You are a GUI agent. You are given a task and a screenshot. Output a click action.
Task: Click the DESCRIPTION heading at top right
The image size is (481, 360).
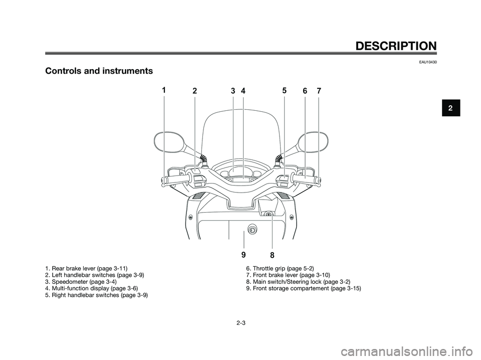[x=396, y=46]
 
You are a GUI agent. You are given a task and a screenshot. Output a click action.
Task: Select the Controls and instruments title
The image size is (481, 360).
[x=99, y=71]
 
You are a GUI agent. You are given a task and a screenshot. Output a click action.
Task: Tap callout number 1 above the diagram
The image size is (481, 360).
[x=164, y=90]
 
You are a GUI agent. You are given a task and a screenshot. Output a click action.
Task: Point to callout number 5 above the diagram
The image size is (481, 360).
[x=284, y=90]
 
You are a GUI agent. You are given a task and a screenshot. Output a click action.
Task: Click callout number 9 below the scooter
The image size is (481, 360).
[x=244, y=254]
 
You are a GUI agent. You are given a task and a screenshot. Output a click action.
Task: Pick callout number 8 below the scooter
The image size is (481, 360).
[x=272, y=255]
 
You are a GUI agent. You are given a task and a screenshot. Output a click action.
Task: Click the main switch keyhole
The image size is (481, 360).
[x=269, y=215]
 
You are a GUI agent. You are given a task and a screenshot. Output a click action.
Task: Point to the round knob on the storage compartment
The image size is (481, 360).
[x=253, y=229]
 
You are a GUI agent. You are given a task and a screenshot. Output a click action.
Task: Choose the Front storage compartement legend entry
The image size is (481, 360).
[x=304, y=288]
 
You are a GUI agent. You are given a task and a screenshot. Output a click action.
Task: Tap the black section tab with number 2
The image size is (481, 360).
[x=451, y=108]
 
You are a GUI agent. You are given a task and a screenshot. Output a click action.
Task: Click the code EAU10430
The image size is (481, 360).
[x=429, y=62]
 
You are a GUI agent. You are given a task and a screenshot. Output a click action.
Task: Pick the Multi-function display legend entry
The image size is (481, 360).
[x=91, y=288]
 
